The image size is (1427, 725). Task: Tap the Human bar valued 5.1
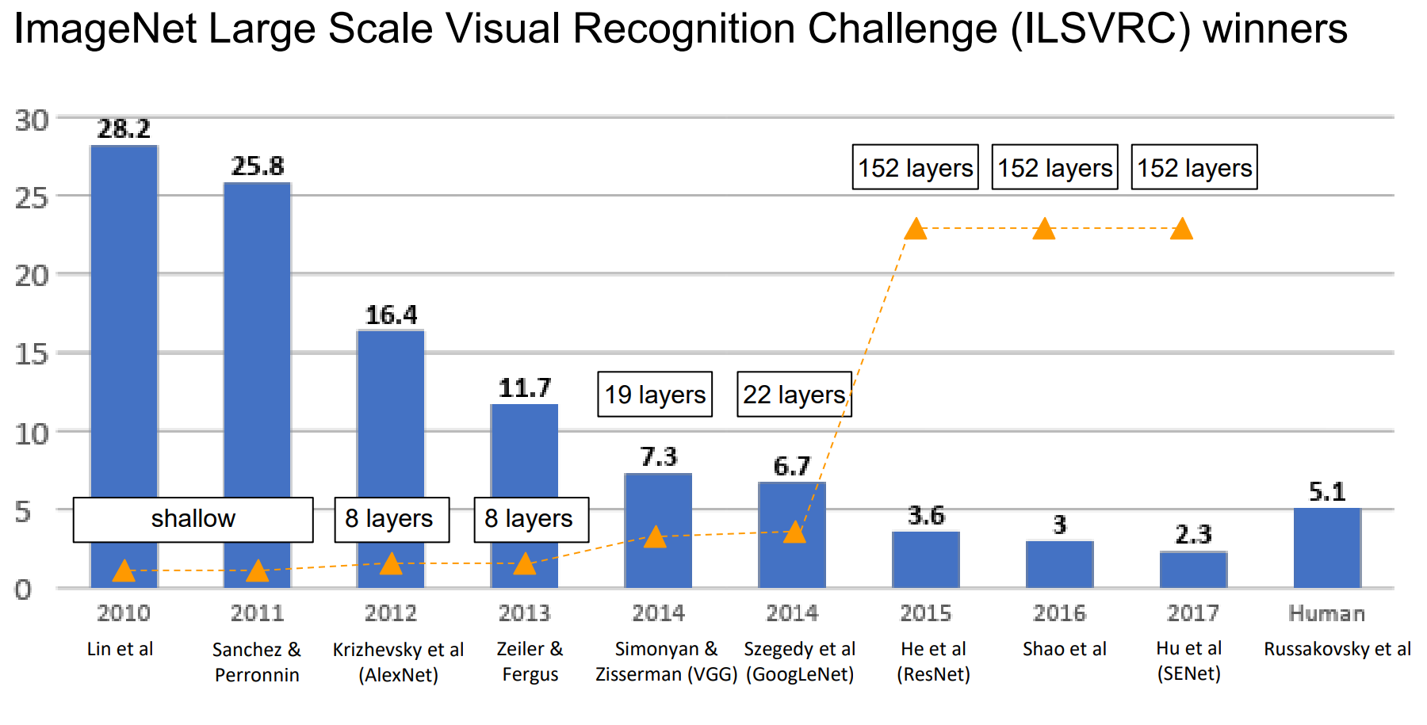coord(1327,548)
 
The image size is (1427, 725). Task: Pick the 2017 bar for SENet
coord(1193,570)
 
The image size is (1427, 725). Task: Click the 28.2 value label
coord(124,129)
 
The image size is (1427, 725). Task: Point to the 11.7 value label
coord(524,388)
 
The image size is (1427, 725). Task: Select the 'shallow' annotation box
coord(193,519)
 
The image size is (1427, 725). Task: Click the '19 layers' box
coord(655,395)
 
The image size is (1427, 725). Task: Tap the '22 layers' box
coord(794,395)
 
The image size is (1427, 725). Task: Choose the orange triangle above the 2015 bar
coord(916,229)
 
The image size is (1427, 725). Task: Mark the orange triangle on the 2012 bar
coord(391,563)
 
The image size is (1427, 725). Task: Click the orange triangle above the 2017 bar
coord(1181,229)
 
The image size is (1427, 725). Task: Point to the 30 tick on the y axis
coord(32,120)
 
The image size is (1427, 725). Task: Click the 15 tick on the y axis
coord(32,354)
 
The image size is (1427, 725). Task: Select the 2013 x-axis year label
coord(524,613)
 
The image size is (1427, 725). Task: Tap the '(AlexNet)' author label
coord(398,675)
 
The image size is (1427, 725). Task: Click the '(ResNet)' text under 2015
coord(933,674)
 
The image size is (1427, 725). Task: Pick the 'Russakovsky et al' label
coord(1337,649)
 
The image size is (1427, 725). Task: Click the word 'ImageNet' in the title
coord(105,29)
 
